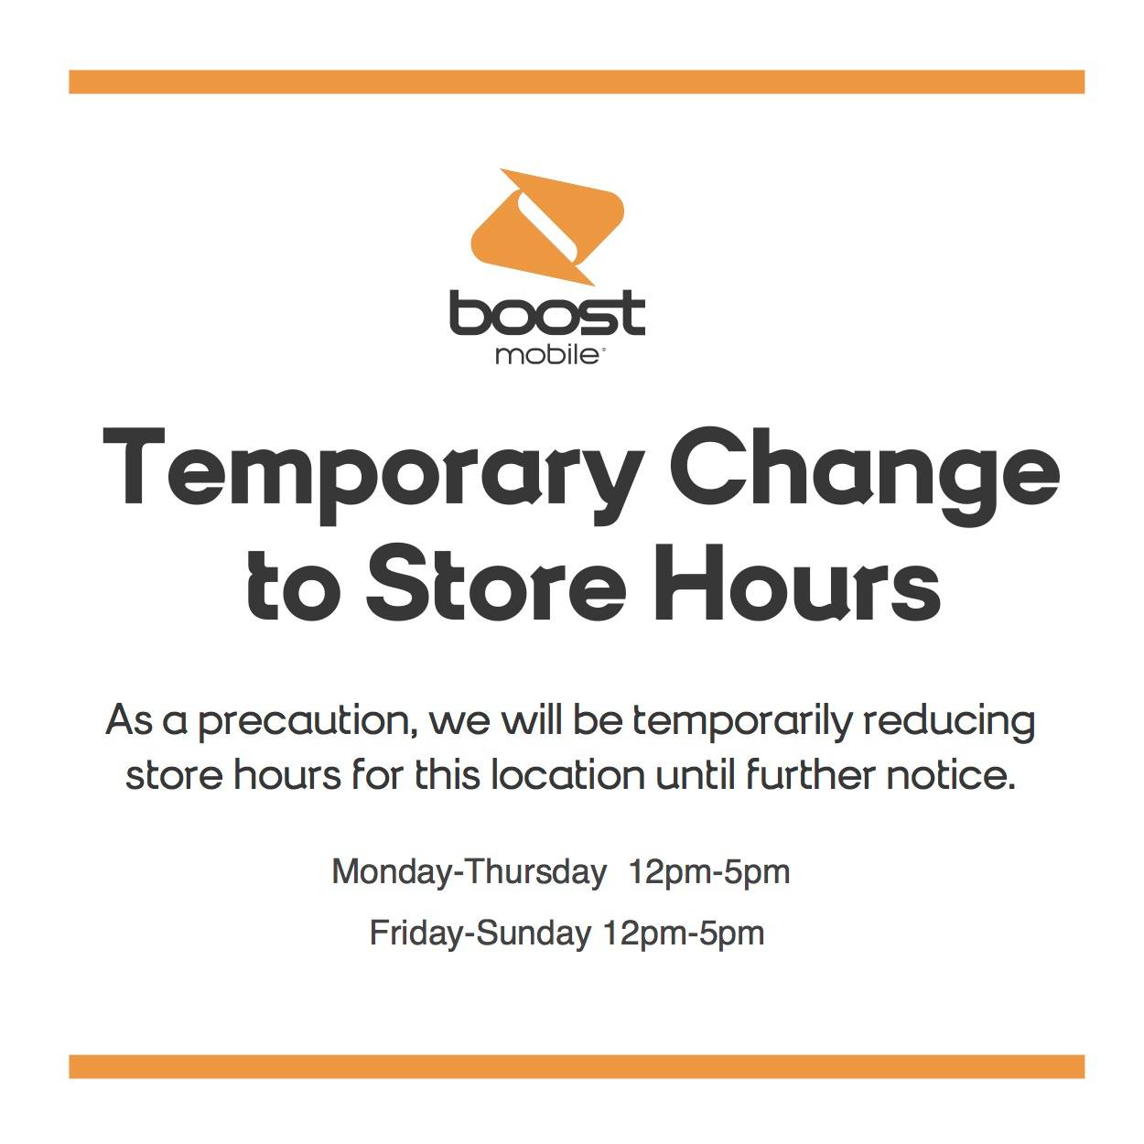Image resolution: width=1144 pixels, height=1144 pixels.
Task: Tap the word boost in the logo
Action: pos(546,313)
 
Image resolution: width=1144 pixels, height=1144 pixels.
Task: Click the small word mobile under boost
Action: pos(546,356)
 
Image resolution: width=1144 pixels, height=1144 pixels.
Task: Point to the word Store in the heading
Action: pos(496,583)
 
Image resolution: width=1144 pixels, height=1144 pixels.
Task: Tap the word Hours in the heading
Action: pos(797,583)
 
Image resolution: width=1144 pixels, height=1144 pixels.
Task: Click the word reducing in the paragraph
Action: pos(949,722)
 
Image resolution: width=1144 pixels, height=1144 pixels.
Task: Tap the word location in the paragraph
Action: pos(568,775)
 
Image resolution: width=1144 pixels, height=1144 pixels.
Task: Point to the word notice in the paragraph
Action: pos(951,775)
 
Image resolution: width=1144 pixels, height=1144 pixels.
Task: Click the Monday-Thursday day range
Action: pos(469,873)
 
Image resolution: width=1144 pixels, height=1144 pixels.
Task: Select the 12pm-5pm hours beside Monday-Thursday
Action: pos(709,874)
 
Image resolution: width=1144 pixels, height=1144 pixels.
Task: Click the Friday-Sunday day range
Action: pos(480,934)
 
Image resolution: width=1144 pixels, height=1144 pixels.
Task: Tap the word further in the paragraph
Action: pos(811,775)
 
